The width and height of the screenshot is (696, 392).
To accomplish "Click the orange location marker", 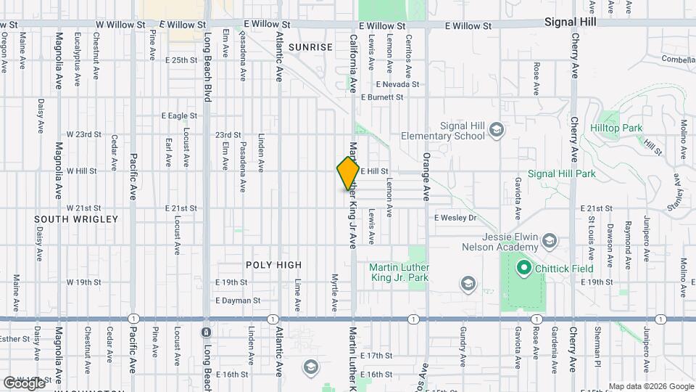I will (348, 173).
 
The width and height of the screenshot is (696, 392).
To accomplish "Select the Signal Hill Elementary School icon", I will (497, 130).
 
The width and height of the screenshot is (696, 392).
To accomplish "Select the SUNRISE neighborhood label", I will (310, 46).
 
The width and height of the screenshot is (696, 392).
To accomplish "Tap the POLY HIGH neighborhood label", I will (273, 265).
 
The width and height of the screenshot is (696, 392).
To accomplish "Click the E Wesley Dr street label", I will (455, 217).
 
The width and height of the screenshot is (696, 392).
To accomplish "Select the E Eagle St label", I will (179, 115).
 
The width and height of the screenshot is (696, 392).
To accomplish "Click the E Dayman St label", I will (238, 300).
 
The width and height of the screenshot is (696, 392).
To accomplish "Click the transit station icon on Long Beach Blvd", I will (206, 332).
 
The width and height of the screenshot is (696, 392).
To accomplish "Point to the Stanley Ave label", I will (679, 192).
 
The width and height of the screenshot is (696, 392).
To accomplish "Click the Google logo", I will (24, 383).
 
